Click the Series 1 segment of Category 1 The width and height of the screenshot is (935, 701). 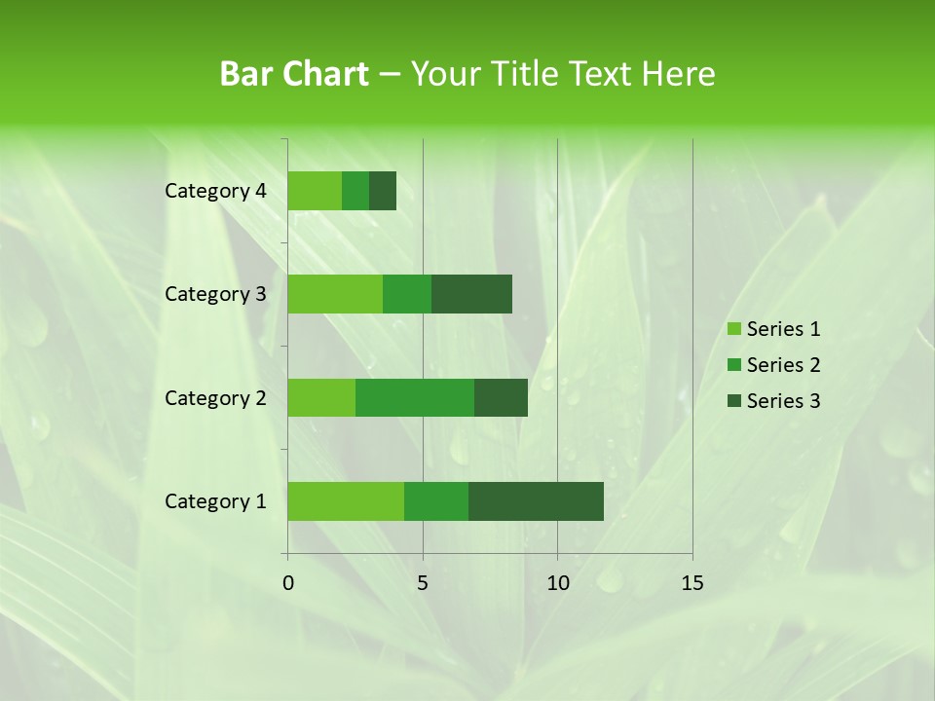(x=346, y=501)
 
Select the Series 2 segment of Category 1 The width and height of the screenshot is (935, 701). (x=436, y=501)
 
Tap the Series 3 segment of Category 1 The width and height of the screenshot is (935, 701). (x=536, y=501)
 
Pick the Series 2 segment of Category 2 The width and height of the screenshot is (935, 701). (x=415, y=397)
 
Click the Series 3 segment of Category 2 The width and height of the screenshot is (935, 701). (x=501, y=397)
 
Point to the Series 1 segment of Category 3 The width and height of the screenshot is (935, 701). (x=335, y=294)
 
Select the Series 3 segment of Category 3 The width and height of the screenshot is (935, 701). (x=471, y=294)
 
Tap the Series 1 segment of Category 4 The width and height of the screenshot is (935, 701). (x=315, y=191)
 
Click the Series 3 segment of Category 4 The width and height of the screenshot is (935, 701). (x=383, y=191)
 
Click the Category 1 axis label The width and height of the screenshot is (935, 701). (x=215, y=501)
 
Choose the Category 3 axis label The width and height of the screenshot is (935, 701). (x=215, y=294)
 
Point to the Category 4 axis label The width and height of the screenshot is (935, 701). (x=215, y=191)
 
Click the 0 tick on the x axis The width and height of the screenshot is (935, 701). (x=288, y=583)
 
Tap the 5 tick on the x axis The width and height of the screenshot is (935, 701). (x=423, y=583)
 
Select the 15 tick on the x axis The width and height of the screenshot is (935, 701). (x=692, y=583)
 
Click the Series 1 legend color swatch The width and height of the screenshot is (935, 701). (x=733, y=329)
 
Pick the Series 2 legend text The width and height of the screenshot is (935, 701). (x=783, y=365)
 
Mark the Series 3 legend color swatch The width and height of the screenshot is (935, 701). (x=733, y=401)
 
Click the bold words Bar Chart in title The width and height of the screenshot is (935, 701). (x=294, y=74)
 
